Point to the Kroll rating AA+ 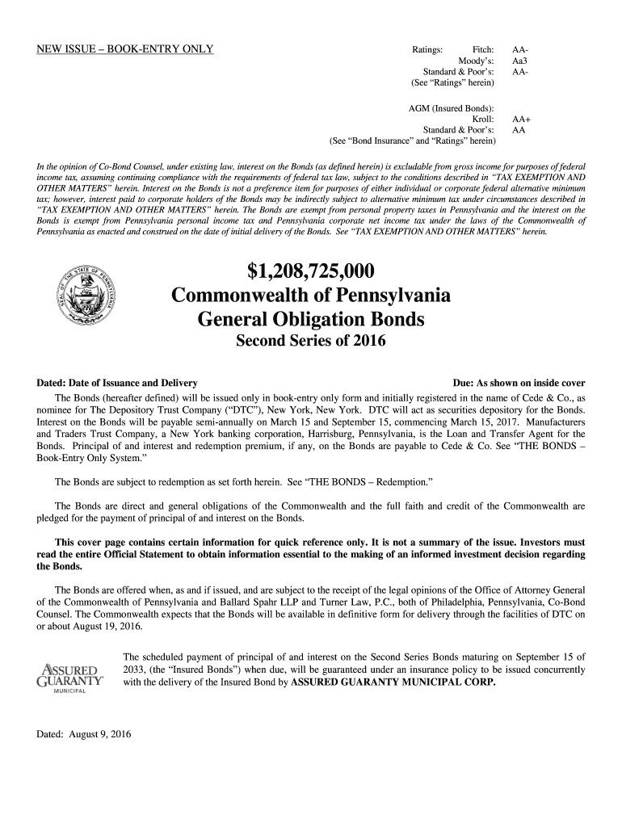[522, 119]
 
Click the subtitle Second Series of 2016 [311, 342]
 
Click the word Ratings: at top [427, 49]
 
